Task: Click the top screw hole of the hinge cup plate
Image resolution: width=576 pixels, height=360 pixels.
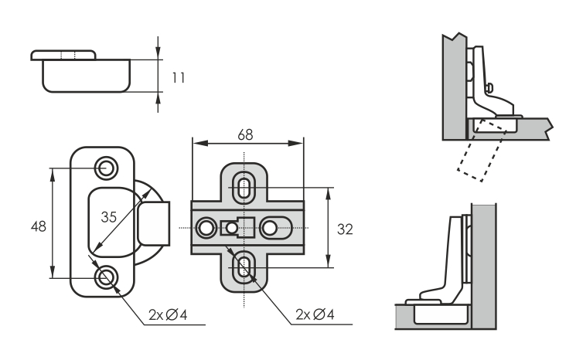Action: click(105, 167)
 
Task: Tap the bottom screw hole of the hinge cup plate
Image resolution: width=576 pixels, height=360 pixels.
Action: click(105, 276)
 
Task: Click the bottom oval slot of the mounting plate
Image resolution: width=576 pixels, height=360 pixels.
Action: click(245, 268)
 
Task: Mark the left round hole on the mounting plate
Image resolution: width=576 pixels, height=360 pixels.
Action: click(206, 228)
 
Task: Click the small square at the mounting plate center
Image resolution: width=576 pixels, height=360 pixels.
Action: click(230, 228)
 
